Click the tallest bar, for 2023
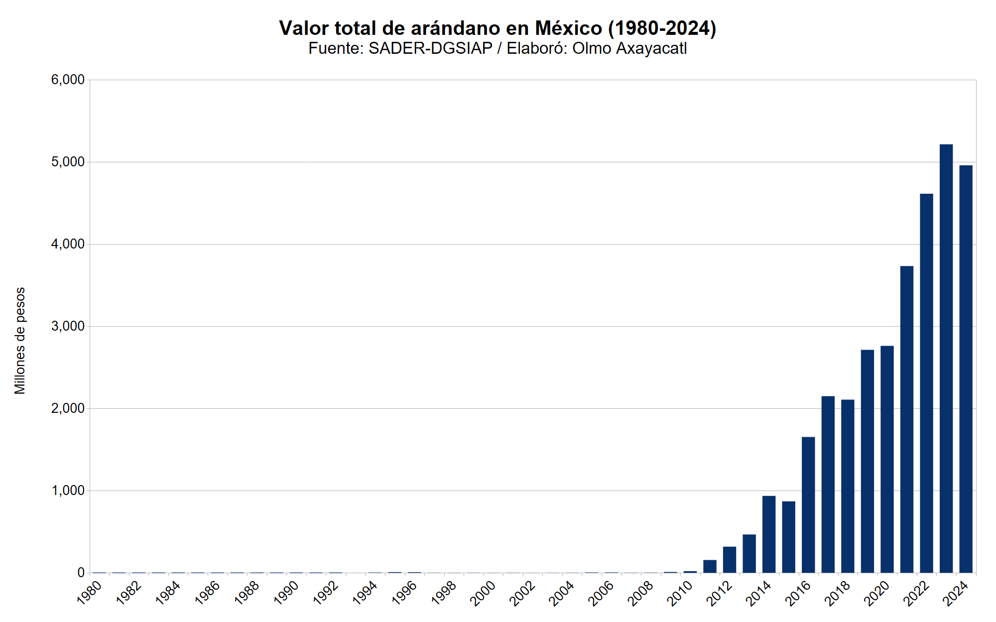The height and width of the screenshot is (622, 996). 946,359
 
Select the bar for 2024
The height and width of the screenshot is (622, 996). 966,369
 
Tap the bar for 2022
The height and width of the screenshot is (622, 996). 926,383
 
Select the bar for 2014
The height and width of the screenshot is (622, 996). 768,534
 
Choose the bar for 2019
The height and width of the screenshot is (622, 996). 867,461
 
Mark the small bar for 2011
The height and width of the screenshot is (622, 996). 710,566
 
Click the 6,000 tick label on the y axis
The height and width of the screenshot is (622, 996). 68,80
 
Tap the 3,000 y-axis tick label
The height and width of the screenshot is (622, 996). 68,326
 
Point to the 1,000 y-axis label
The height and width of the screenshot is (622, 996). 68,491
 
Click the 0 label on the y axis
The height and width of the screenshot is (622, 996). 81,573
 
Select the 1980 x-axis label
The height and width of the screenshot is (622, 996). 90,593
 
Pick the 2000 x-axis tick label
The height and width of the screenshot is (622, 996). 483,593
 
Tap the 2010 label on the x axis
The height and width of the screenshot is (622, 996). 680,593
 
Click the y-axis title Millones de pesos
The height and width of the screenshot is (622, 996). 20,341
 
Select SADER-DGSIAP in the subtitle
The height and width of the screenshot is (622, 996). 430,48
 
